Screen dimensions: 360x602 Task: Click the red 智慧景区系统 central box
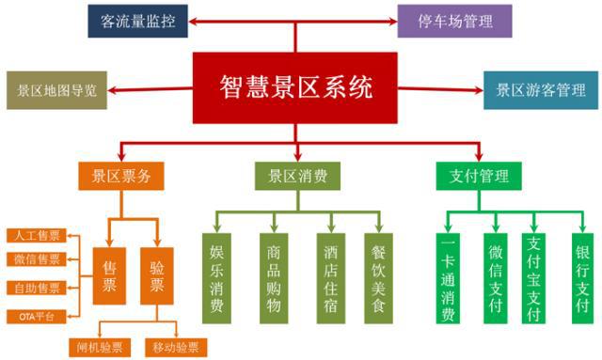(295, 88)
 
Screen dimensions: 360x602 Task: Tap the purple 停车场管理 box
(453, 20)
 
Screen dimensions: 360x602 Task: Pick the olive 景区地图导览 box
(56, 90)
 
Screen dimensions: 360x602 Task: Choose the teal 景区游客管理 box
(540, 90)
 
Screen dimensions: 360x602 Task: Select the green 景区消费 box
(296, 176)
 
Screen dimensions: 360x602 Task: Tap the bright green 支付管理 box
(480, 176)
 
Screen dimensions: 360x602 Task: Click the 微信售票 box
(34, 259)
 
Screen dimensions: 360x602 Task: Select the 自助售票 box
(34, 287)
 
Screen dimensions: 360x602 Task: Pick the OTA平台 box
(34, 314)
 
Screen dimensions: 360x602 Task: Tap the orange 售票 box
(109, 275)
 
